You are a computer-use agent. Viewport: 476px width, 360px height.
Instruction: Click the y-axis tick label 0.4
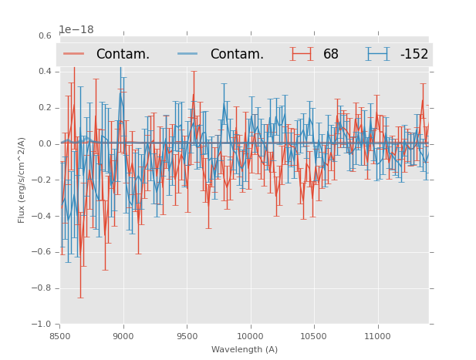coord(46,72)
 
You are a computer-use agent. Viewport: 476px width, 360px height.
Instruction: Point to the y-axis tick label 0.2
coord(46,108)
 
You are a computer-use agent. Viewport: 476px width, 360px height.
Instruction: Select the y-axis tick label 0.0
coord(46,144)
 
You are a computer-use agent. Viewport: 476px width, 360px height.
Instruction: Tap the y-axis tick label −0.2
coord(43,180)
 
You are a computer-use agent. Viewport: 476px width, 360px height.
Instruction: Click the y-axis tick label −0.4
coord(43,217)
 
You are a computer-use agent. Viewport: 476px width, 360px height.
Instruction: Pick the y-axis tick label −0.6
coord(43,253)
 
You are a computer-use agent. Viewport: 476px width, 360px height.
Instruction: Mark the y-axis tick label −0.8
coord(43,289)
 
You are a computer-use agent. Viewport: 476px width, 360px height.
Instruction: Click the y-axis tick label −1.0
coord(43,325)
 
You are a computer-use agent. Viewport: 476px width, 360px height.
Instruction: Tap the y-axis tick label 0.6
coord(46,35)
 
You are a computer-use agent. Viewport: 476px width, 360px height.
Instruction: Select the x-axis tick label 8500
coord(60,336)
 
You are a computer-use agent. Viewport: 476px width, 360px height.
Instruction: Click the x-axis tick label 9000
coord(123,336)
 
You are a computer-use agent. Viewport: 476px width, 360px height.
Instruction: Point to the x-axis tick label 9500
coord(187,336)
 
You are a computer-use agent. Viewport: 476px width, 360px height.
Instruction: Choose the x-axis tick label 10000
coord(250,336)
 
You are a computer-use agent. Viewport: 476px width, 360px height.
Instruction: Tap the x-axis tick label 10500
coord(313,336)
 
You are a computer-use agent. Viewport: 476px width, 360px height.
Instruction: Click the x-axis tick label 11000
coord(377,336)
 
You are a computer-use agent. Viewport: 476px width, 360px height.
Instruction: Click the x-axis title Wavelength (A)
coord(245,350)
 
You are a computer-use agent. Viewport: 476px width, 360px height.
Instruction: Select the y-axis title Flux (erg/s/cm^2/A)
coord(22,180)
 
